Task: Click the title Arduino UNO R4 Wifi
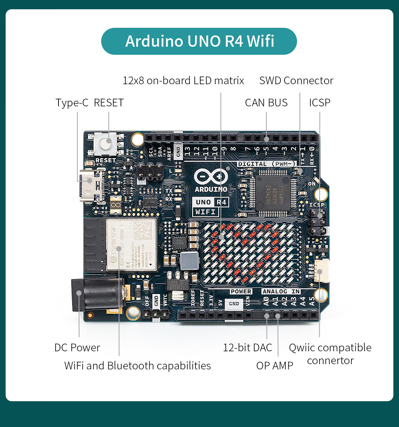click(199, 41)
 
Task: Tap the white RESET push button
click(105, 144)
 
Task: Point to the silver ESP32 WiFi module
click(131, 245)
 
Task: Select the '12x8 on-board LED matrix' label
click(183, 81)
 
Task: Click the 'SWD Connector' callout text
click(296, 81)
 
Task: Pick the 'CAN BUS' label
click(266, 103)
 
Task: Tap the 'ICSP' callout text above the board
click(320, 103)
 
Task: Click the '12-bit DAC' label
click(247, 348)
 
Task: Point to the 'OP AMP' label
click(274, 365)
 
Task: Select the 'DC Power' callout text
click(77, 348)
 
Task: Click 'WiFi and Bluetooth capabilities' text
click(137, 366)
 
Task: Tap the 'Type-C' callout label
click(72, 103)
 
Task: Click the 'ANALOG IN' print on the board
click(281, 291)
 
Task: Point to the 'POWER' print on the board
click(241, 291)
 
